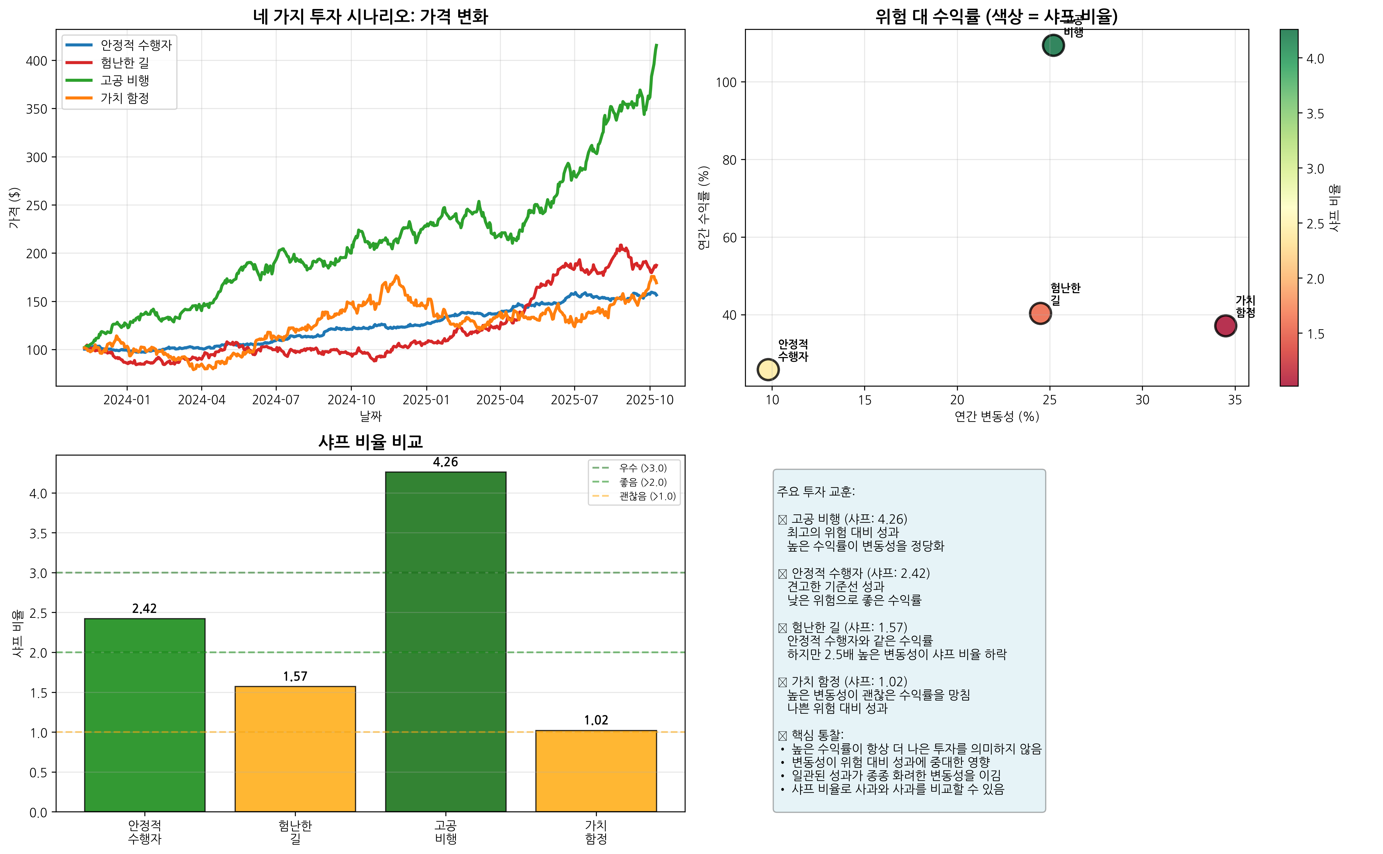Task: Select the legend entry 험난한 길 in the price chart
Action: click(x=124, y=63)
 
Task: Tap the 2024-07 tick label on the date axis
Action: click(x=276, y=400)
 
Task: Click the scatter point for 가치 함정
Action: click(x=1225, y=326)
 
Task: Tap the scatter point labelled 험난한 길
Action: click(x=1040, y=313)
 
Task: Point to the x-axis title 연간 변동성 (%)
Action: click(x=996, y=417)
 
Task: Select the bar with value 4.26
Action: click(x=445, y=641)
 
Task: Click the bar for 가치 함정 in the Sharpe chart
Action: click(x=596, y=771)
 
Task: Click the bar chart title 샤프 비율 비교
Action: click(x=370, y=442)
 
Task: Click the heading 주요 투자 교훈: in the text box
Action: click(x=815, y=492)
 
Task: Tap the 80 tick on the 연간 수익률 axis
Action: click(x=729, y=160)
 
